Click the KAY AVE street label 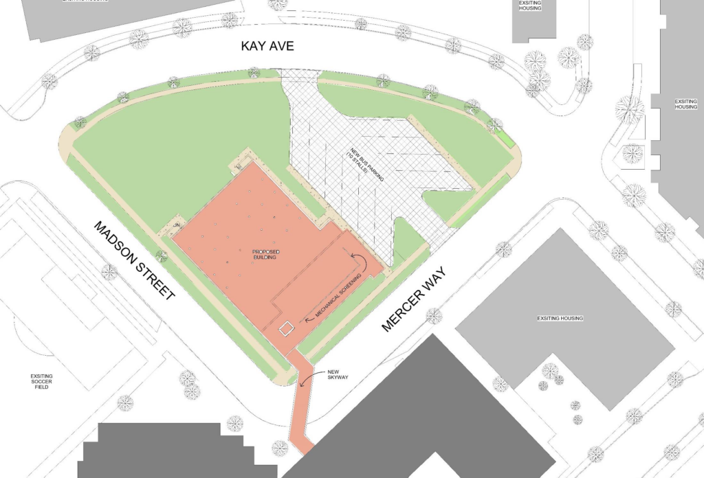pos(267,47)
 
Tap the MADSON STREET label pos(135,260)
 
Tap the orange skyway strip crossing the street pos(300,412)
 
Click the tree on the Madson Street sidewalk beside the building pos(162,257)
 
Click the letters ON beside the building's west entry pos(176,225)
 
